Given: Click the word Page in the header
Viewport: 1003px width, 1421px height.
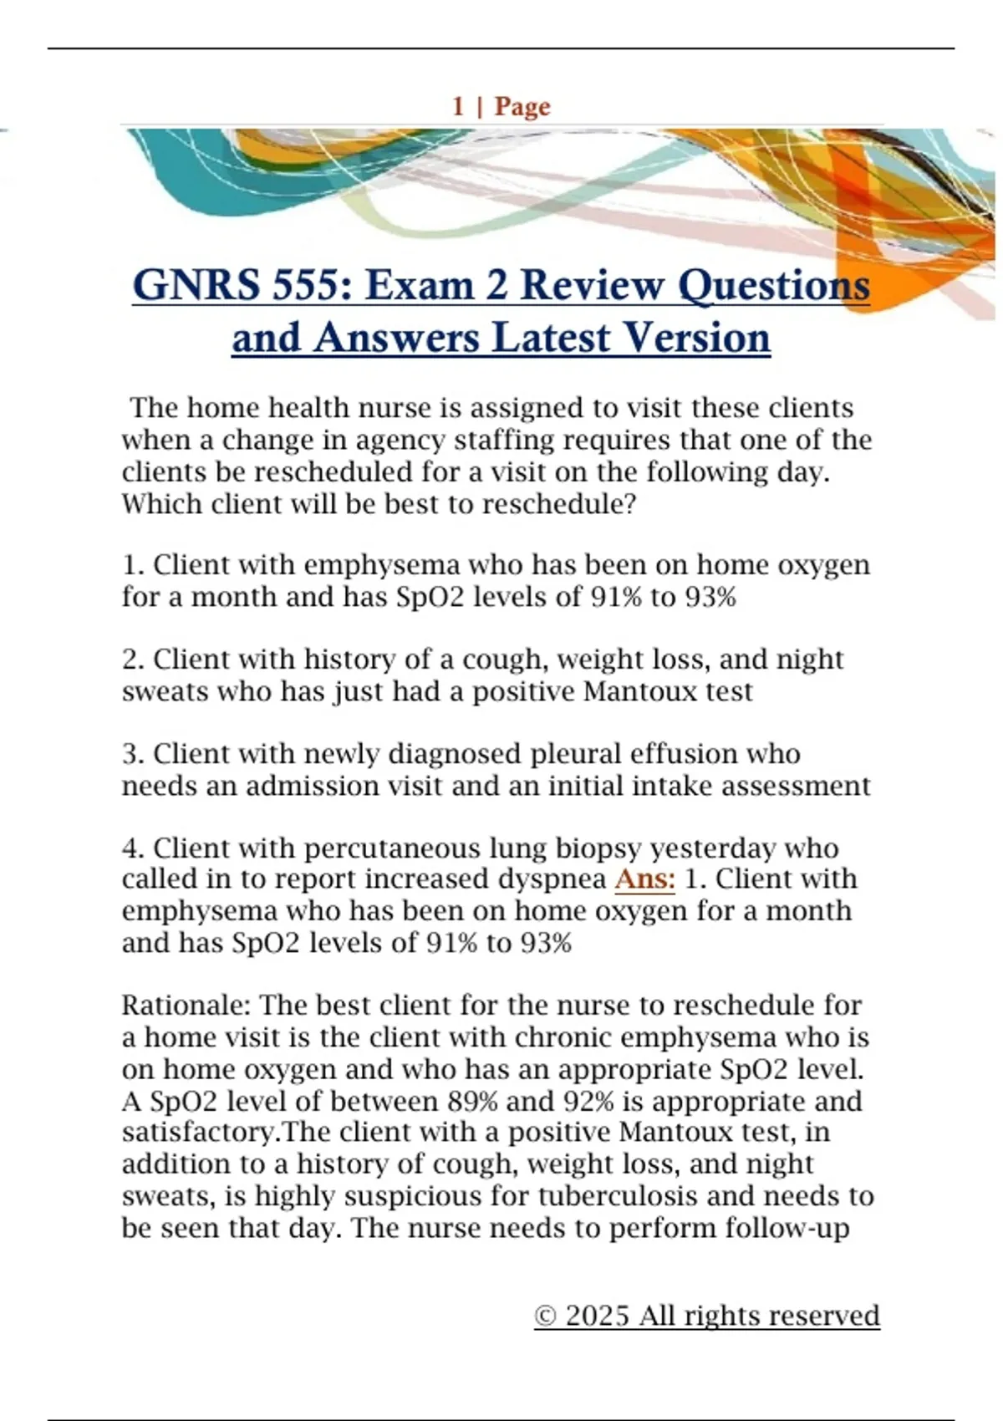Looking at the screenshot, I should pos(522,107).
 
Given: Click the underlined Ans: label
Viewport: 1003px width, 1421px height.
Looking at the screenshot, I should pos(644,879).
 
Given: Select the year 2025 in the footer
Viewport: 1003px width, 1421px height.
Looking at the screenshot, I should pos(597,1316).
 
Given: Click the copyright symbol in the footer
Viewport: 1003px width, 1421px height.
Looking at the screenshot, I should pos(545,1317).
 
